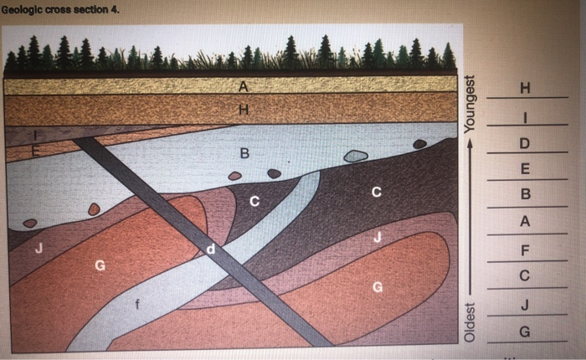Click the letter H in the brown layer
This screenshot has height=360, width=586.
244,109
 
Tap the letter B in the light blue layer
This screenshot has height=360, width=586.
244,153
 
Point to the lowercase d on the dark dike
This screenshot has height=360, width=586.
211,249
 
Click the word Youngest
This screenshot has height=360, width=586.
470,105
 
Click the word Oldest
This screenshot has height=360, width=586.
470,321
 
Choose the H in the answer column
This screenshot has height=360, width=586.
526,88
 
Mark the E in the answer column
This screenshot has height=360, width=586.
526,169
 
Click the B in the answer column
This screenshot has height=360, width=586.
526,195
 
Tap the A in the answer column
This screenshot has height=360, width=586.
526,222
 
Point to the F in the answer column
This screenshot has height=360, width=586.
526,249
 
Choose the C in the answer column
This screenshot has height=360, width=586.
526,275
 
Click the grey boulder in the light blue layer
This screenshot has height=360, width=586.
355,156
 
